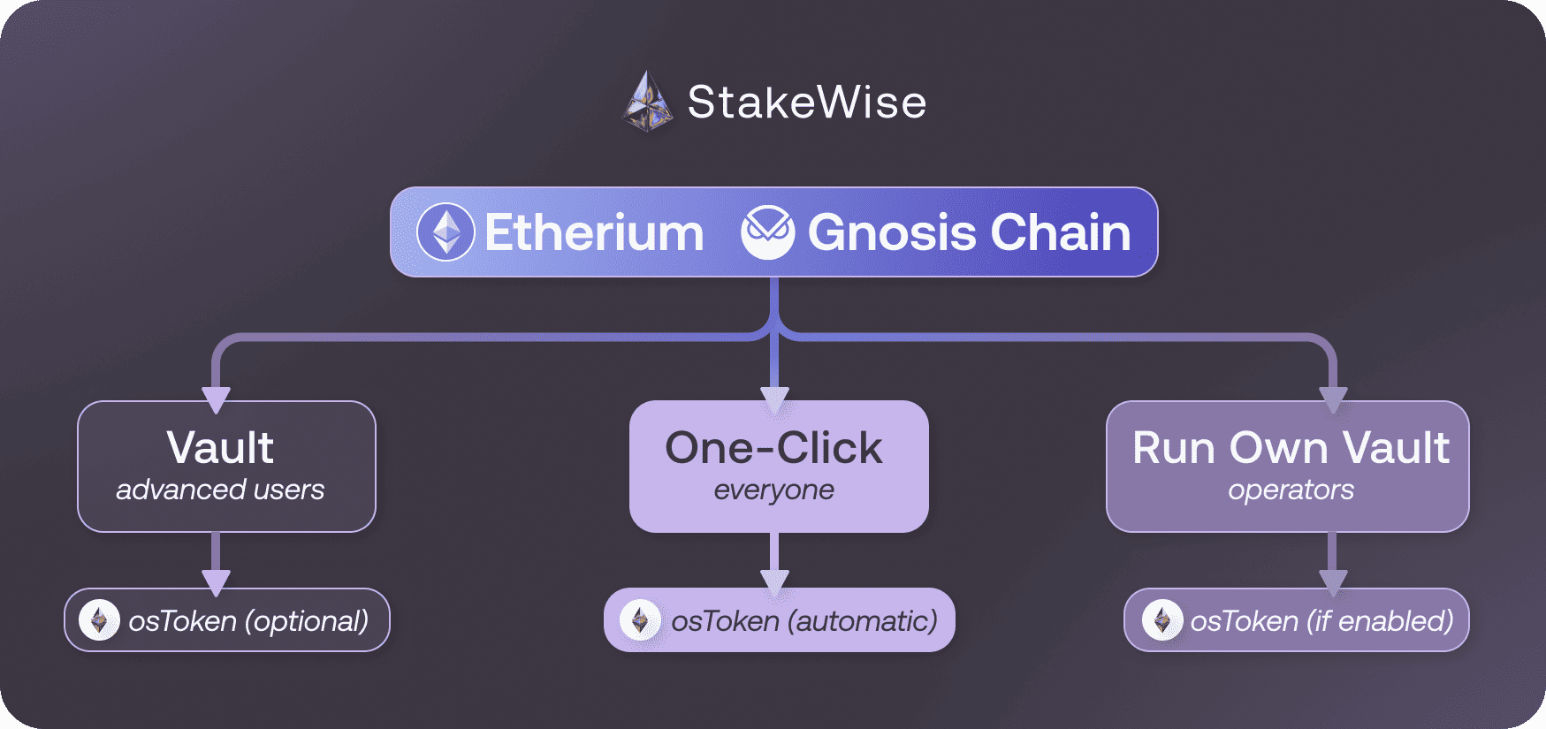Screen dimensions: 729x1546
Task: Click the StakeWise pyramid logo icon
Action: [648, 102]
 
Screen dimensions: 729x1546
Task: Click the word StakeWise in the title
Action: [807, 103]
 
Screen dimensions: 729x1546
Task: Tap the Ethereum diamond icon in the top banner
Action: [446, 232]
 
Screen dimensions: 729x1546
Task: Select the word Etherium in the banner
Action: [594, 233]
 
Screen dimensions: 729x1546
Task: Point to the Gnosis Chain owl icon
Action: [767, 232]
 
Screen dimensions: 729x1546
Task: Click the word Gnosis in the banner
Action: [892, 233]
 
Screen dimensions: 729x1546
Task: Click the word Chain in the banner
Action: [1061, 233]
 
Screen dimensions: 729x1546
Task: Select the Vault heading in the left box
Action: [220, 447]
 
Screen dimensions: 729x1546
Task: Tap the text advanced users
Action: [220, 490]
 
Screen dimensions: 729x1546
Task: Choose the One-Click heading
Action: [773, 447]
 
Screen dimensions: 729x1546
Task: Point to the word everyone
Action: [773, 490]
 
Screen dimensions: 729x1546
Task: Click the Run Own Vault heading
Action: [1291, 447]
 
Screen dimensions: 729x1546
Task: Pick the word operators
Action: [1291, 490]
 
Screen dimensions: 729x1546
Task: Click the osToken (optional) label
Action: [248, 621]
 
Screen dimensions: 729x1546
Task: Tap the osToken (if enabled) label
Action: [1321, 621]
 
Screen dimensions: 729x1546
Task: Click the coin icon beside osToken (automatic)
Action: [640, 620]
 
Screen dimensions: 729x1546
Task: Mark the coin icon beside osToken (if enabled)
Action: [1162, 620]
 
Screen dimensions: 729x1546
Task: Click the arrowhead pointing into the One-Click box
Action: [774, 402]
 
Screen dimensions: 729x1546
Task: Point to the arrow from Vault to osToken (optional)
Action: [216, 563]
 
